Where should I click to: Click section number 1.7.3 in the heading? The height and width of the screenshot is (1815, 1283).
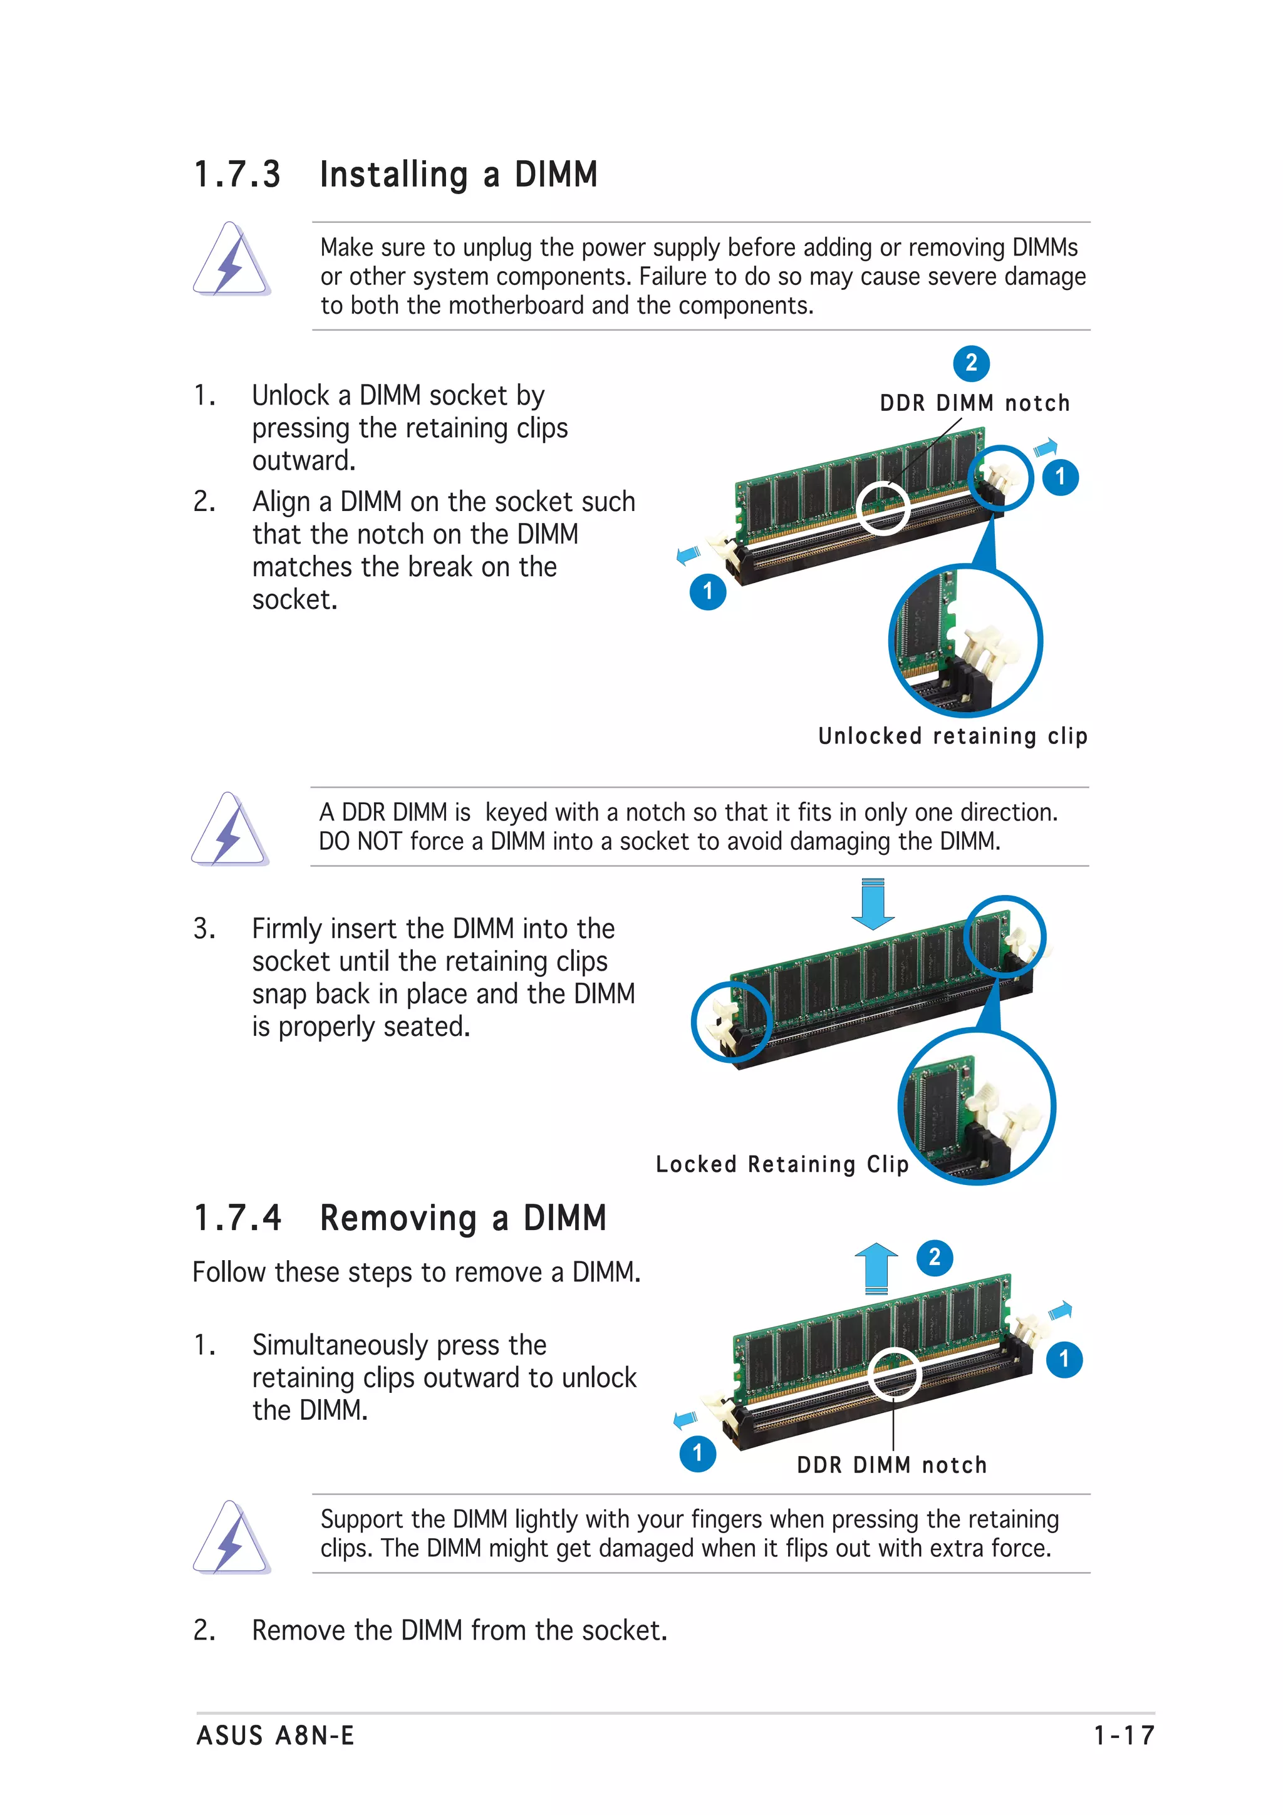click(x=237, y=175)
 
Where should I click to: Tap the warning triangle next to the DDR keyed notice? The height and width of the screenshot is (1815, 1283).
click(x=229, y=830)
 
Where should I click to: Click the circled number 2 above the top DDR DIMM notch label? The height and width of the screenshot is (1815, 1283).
click(x=971, y=363)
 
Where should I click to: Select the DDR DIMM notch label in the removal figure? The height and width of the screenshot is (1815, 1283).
click(x=891, y=1465)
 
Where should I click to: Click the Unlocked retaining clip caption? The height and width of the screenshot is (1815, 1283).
click(x=953, y=736)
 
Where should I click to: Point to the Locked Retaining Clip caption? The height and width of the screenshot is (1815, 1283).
click(x=782, y=1164)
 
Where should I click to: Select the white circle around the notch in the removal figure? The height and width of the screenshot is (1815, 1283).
click(x=894, y=1373)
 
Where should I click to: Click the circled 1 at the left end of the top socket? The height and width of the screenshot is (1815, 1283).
click(x=707, y=591)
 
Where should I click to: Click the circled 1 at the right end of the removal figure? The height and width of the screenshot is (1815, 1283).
click(x=1064, y=1359)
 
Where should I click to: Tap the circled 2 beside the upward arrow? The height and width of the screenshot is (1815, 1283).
click(x=935, y=1257)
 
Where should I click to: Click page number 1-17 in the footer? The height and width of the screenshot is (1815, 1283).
click(x=1124, y=1736)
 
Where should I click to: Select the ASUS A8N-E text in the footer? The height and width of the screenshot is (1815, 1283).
click(x=275, y=1736)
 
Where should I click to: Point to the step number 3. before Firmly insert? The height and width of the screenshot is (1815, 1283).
click(x=204, y=929)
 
